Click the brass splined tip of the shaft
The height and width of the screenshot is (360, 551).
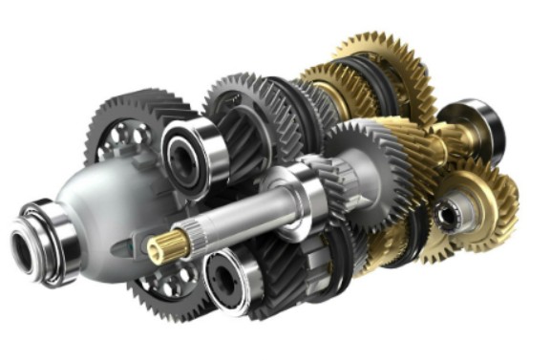(161, 250)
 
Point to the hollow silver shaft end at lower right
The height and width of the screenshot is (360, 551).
(447, 215)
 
